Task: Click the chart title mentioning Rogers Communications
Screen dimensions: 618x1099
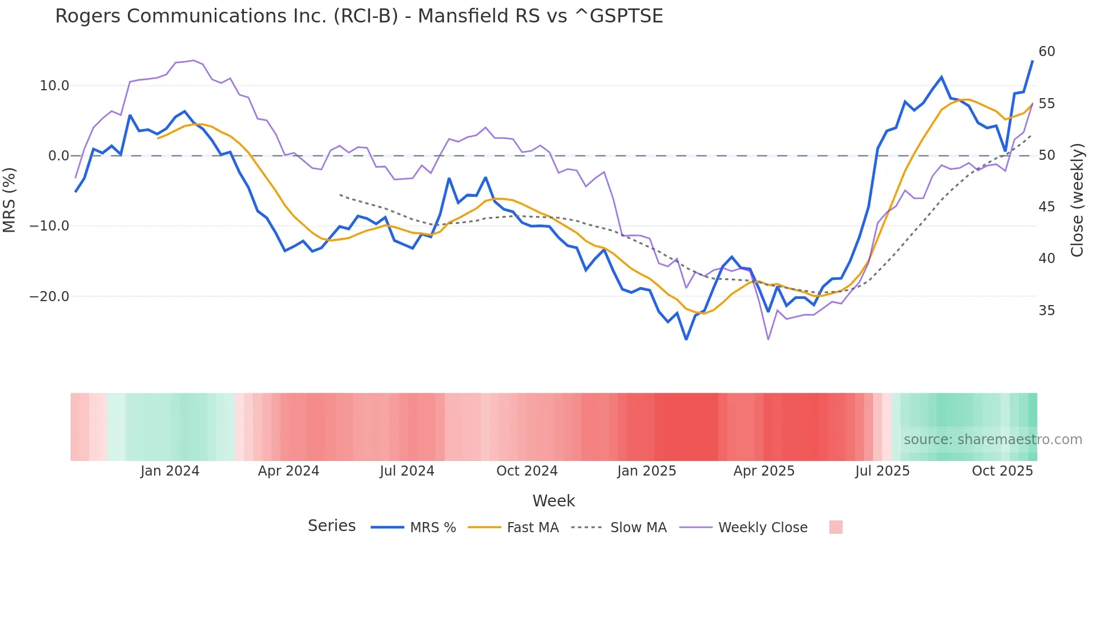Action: click(x=359, y=16)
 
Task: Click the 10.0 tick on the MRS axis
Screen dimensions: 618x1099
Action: click(x=54, y=86)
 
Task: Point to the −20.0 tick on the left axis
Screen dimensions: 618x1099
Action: click(x=49, y=297)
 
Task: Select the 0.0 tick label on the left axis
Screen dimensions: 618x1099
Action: click(x=58, y=156)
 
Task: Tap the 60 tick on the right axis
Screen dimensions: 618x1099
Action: click(x=1046, y=52)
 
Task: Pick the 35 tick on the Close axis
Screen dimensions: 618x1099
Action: click(x=1046, y=311)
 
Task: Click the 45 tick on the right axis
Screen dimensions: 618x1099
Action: click(x=1046, y=207)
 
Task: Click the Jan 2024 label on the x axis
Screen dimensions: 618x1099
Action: click(x=170, y=471)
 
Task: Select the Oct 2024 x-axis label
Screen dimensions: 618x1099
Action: click(x=527, y=471)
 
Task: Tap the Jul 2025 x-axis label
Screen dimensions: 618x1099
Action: click(x=882, y=471)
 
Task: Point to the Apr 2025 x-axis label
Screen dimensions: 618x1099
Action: click(x=764, y=471)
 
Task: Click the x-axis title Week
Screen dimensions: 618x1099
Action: click(x=553, y=501)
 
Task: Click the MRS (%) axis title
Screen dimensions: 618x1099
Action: click(x=10, y=200)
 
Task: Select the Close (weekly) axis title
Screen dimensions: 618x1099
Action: click(x=1077, y=200)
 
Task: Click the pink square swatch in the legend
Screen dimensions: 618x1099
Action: click(x=835, y=527)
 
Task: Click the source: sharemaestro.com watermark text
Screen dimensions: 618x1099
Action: click(x=992, y=440)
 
